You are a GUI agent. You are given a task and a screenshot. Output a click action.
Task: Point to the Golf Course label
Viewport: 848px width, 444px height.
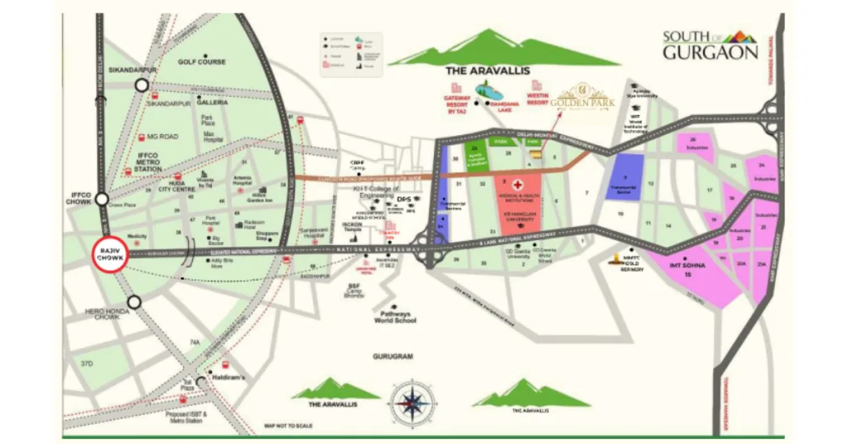(201, 62)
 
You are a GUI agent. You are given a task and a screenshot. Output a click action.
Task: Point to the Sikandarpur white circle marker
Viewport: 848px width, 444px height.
(142, 85)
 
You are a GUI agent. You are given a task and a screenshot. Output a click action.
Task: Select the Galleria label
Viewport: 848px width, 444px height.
(212, 103)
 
